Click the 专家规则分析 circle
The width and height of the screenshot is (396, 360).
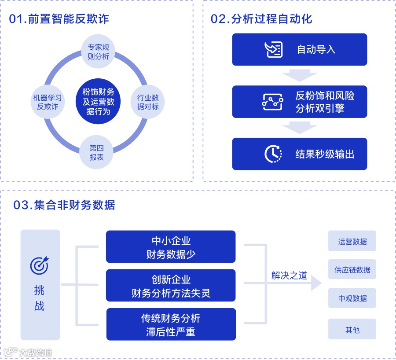(x=98, y=52)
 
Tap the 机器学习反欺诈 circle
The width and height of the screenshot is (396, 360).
(x=48, y=102)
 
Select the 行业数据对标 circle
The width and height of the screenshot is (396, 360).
(x=148, y=102)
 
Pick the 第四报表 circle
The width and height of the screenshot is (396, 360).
(x=96, y=153)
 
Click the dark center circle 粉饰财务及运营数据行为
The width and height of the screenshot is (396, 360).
(x=98, y=102)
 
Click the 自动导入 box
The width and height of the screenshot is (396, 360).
(x=300, y=49)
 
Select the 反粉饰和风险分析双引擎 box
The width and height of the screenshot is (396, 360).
(x=300, y=102)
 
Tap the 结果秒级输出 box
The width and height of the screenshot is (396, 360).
(x=300, y=154)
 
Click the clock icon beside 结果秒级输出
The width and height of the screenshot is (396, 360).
(x=273, y=154)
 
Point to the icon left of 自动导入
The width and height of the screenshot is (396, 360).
(x=274, y=49)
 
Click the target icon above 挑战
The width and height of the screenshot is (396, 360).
(x=40, y=265)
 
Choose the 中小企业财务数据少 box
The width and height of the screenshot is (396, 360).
(x=171, y=247)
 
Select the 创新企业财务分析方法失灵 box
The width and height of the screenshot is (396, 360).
(x=171, y=286)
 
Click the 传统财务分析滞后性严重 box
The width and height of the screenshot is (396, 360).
(x=171, y=324)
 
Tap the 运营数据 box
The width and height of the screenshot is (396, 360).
(x=352, y=242)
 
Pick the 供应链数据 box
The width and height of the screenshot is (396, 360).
(x=352, y=270)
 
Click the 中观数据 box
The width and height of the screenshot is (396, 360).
(x=352, y=298)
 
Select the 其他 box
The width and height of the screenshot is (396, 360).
(x=352, y=329)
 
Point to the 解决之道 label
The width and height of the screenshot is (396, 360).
(x=289, y=276)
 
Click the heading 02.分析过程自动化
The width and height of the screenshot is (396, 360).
(x=261, y=19)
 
